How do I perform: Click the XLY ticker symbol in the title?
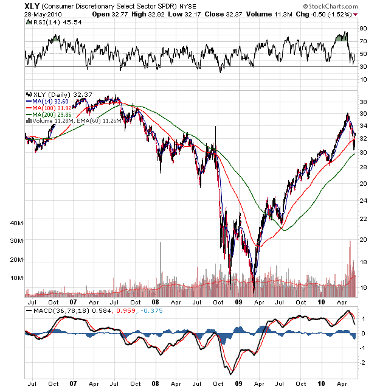(32, 5)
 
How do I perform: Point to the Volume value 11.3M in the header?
(266, 13)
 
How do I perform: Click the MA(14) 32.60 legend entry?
(50, 101)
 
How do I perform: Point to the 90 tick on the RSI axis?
(363, 28)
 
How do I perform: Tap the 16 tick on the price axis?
(363, 287)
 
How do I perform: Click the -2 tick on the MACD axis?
(363, 363)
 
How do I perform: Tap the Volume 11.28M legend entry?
(51, 121)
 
